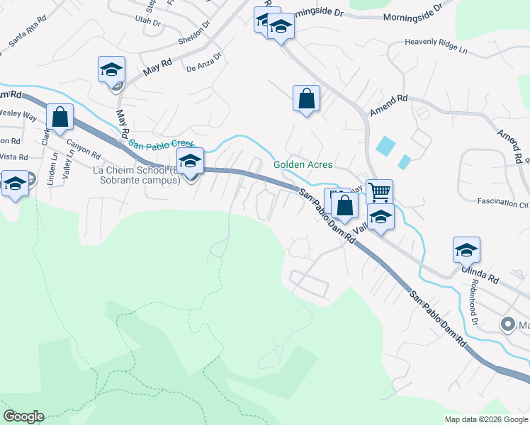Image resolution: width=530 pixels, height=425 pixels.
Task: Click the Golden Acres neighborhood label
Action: click(303, 165)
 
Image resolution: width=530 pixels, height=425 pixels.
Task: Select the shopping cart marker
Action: click(380, 191)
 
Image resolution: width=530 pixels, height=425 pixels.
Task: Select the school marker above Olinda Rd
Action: click(467, 250)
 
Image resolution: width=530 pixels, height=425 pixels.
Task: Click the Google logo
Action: click(23, 416)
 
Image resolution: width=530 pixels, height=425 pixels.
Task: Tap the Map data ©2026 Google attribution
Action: click(487, 419)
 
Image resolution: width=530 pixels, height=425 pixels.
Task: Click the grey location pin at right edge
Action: click(507, 325)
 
